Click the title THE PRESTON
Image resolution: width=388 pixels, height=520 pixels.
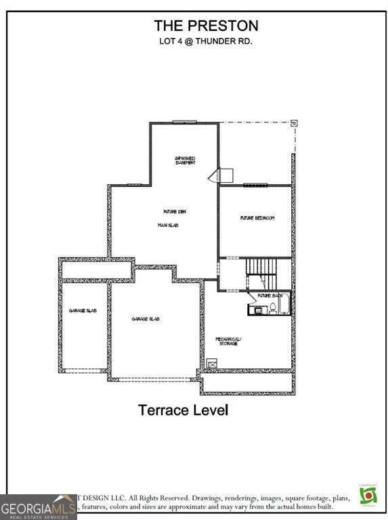206,26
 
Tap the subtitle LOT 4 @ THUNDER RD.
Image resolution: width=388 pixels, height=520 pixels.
206,41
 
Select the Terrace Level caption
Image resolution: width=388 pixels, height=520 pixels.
183,410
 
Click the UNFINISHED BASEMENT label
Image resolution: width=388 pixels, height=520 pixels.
184,160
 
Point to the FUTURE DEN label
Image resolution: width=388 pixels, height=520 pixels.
174,212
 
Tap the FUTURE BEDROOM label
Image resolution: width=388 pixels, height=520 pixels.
257,218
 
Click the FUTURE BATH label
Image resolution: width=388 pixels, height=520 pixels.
270,296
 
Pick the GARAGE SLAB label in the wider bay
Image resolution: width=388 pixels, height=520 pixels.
146,318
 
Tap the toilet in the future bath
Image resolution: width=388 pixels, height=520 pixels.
272,309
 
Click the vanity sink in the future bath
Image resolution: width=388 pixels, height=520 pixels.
255,309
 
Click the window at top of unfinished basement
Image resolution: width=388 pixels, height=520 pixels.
184,122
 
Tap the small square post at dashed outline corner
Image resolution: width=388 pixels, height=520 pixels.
294,123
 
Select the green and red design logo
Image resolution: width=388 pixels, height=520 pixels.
366,494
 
